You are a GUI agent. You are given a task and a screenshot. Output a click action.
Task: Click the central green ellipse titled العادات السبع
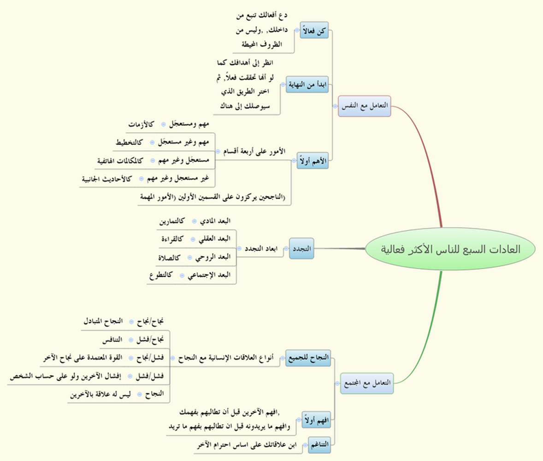coord(450,248)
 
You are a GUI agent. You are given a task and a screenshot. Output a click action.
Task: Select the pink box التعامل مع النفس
coord(364,106)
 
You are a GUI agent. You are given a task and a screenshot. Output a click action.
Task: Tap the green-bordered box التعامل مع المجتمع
coord(367,383)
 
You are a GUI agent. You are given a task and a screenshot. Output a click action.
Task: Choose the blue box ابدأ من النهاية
coord(307,84)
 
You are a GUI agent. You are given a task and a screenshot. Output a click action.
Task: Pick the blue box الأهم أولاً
coord(313,161)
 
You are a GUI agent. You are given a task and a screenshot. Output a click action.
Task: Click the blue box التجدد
coord(301,248)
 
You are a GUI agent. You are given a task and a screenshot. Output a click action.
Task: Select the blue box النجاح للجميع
coord(308,358)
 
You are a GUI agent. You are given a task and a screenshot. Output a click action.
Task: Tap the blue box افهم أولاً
coord(316,420)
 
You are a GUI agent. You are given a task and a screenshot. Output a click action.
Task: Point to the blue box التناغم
coord(319,445)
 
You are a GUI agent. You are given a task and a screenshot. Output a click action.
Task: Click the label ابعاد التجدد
coord(261,248)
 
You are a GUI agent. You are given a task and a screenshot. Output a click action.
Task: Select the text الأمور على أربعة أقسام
coord(254,151)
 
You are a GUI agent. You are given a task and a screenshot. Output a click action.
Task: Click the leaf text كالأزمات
coord(141,124)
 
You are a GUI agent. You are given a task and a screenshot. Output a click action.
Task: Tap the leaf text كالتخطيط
coord(129,142)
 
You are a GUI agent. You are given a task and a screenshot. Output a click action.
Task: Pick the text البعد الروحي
coord(213,257)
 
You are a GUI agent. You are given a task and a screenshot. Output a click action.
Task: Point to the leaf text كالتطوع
coord(161,275)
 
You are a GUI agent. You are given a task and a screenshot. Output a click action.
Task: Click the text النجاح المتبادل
coord(103,321)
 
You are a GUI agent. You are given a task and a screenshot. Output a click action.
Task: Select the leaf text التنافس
coord(112,339)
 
